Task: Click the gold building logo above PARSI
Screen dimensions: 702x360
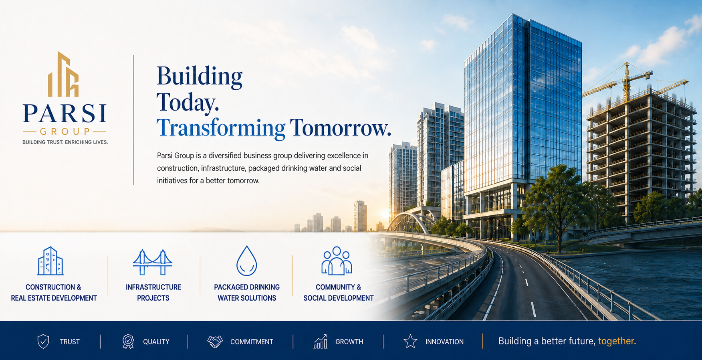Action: pyautogui.click(x=63, y=75)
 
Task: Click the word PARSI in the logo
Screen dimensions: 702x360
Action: pyautogui.click(x=65, y=113)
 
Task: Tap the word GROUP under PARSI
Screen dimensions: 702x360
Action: pyautogui.click(x=65, y=131)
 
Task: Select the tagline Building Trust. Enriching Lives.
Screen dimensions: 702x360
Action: pyautogui.click(x=65, y=142)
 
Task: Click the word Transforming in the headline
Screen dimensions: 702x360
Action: pyautogui.click(x=220, y=128)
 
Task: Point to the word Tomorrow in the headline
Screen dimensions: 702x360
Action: pyautogui.click(x=340, y=128)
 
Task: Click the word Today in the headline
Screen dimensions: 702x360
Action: pyautogui.click(x=188, y=102)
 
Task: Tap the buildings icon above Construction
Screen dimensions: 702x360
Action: pyautogui.click(x=50, y=261)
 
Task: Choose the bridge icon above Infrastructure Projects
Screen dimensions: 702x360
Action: pyautogui.click(x=153, y=262)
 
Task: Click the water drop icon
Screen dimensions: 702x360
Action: pyautogui.click(x=246, y=261)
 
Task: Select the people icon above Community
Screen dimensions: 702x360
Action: pyautogui.click(x=337, y=261)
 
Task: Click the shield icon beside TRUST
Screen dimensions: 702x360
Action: pyautogui.click(x=43, y=342)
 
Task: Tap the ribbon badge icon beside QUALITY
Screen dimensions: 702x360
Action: pyautogui.click(x=128, y=342)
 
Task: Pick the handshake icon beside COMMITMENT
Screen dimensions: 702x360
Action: pyautogui.click(x=215, y=342)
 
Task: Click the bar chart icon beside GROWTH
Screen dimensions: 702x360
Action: pyautogui.click(x=320, y=342)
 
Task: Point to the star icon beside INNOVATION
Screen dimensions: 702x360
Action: pyautogui.click(x=410, y=342)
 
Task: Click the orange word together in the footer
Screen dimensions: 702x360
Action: pyautogui.click(x=617, y=341)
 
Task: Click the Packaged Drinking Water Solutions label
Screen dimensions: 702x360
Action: pyautogui.click(x=247, y=293)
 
